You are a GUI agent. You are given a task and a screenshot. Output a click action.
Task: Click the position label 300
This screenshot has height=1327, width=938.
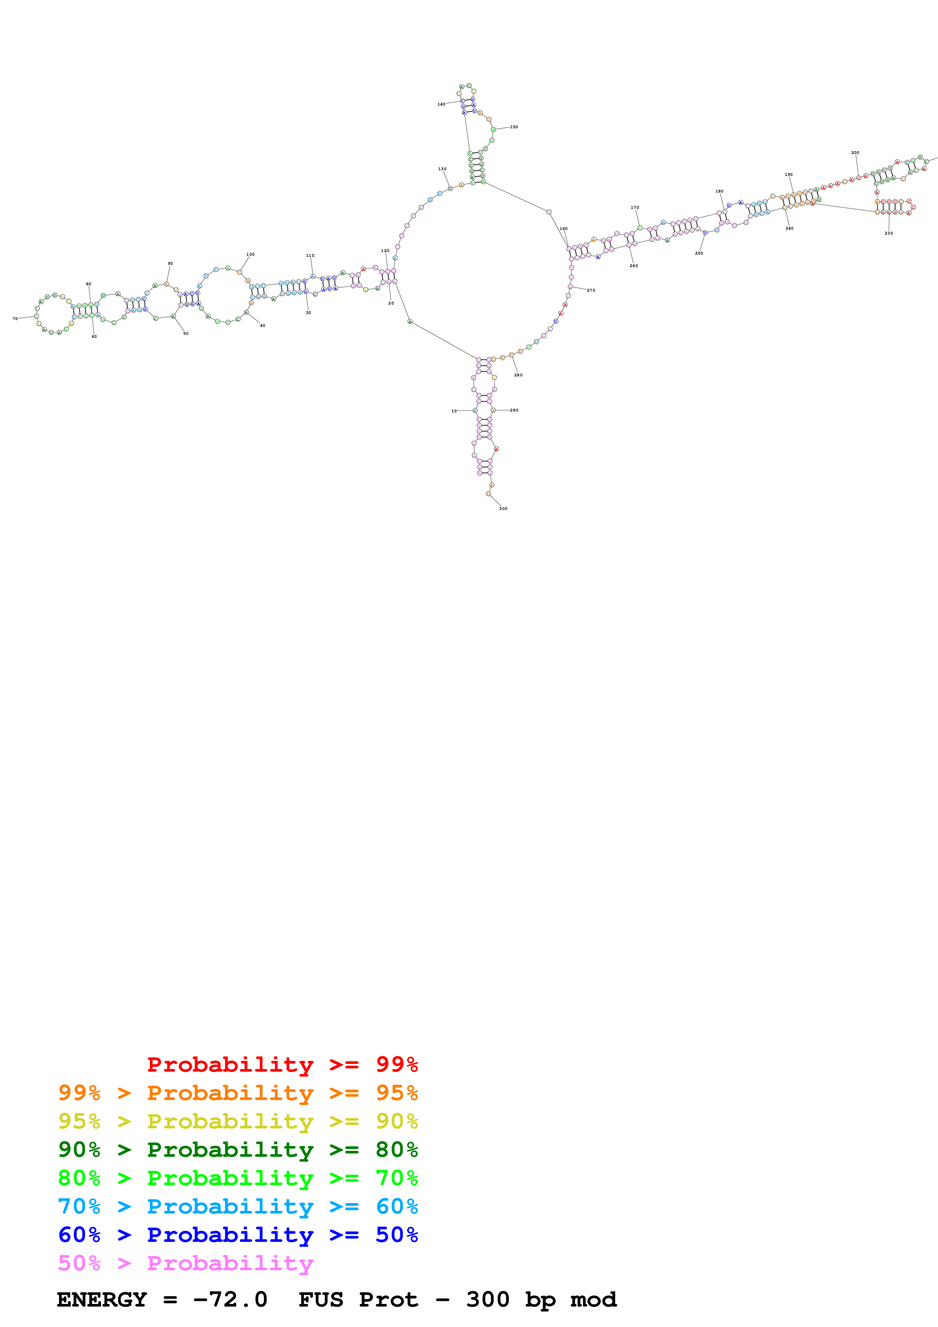coord(503,509)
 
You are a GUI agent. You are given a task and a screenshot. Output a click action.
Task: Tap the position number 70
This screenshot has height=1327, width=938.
coord(15,319)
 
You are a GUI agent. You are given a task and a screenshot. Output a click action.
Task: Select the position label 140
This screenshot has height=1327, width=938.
coord(441,105)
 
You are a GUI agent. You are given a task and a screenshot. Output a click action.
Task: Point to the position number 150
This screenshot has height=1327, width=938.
coord(514,127)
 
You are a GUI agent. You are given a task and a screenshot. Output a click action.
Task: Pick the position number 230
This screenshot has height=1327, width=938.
coord(888,233)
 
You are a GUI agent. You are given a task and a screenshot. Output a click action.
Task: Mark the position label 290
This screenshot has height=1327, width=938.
coord(514,410)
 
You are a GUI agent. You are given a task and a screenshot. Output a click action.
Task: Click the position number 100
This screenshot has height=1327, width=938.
coord(250,254)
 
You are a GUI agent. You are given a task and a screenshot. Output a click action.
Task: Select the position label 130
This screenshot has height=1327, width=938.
coord(442,169)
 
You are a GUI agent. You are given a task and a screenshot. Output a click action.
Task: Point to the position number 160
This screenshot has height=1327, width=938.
coord(563,229)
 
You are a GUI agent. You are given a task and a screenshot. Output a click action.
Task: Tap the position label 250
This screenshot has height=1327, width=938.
coord(699,253)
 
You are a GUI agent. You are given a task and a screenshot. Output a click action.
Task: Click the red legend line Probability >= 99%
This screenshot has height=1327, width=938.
coord(282,1064)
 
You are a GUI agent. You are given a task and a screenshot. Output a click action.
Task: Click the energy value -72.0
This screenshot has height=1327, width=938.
coord(230,1299)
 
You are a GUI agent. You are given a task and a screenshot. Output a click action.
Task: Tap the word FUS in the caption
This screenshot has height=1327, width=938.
coord(321,1299)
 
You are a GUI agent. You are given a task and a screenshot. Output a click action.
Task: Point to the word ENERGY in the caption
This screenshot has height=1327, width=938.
coord(102,1299)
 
